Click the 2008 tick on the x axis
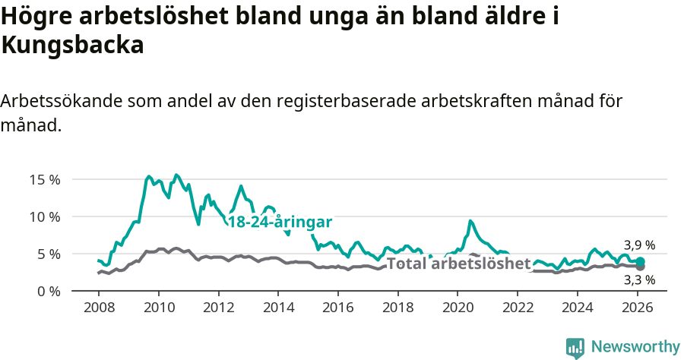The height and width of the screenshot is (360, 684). tap(99, 308)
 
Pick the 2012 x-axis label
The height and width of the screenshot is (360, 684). tap(218, 308)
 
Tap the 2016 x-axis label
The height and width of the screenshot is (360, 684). tap(338, 308)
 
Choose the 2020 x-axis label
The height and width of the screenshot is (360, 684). tap(458, 308)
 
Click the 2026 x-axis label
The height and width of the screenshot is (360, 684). tap(637, 308)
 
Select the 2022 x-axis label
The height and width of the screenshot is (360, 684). tap(518, 308)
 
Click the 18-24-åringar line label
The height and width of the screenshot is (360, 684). tap(280, 222)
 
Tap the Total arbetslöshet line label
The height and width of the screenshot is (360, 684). tap(458, 264)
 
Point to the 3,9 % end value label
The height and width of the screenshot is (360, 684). tap(639, 245)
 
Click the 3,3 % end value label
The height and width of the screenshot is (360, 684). tap(639, 279)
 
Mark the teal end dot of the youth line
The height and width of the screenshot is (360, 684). tap(641, 261)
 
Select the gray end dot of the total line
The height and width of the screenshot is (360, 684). tap(641, 267)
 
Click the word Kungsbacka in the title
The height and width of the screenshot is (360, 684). tap(72, 46)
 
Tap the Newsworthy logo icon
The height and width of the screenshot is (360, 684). tap(575, 348)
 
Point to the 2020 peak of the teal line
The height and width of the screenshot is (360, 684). tap(470, 221)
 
